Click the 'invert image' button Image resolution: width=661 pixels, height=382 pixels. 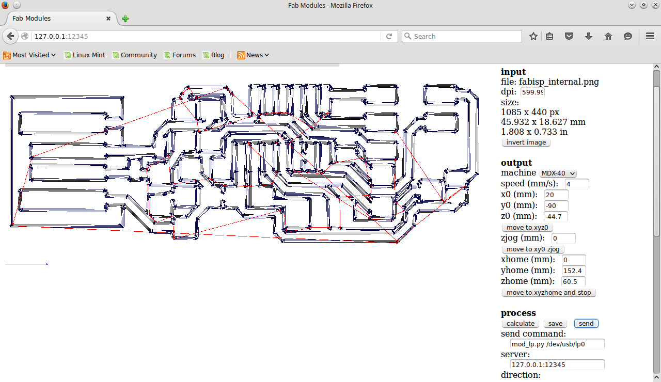[526, 142]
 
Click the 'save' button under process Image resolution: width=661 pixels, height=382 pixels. [555, 324]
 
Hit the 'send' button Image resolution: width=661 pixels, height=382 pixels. [586, 324]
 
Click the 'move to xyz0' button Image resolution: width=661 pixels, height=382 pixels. [527, 228]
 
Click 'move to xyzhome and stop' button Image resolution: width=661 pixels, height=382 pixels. [548, 293]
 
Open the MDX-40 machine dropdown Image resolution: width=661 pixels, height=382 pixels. [558, 173]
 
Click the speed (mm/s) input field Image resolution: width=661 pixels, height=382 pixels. [577, 184]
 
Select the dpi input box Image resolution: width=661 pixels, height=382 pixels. [532, 92]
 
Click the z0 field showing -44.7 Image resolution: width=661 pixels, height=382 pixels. [556, 216]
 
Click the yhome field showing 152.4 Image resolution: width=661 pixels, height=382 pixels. [573, 270]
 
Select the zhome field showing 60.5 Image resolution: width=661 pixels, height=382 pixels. [573, 281]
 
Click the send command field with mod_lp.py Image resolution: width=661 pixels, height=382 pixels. [557, 344]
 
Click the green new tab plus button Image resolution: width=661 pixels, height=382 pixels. [125, 19]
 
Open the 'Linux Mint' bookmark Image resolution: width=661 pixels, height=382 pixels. [85, 55]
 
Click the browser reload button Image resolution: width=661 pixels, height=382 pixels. [389, 36]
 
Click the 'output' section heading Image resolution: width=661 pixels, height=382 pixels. [516, 163]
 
